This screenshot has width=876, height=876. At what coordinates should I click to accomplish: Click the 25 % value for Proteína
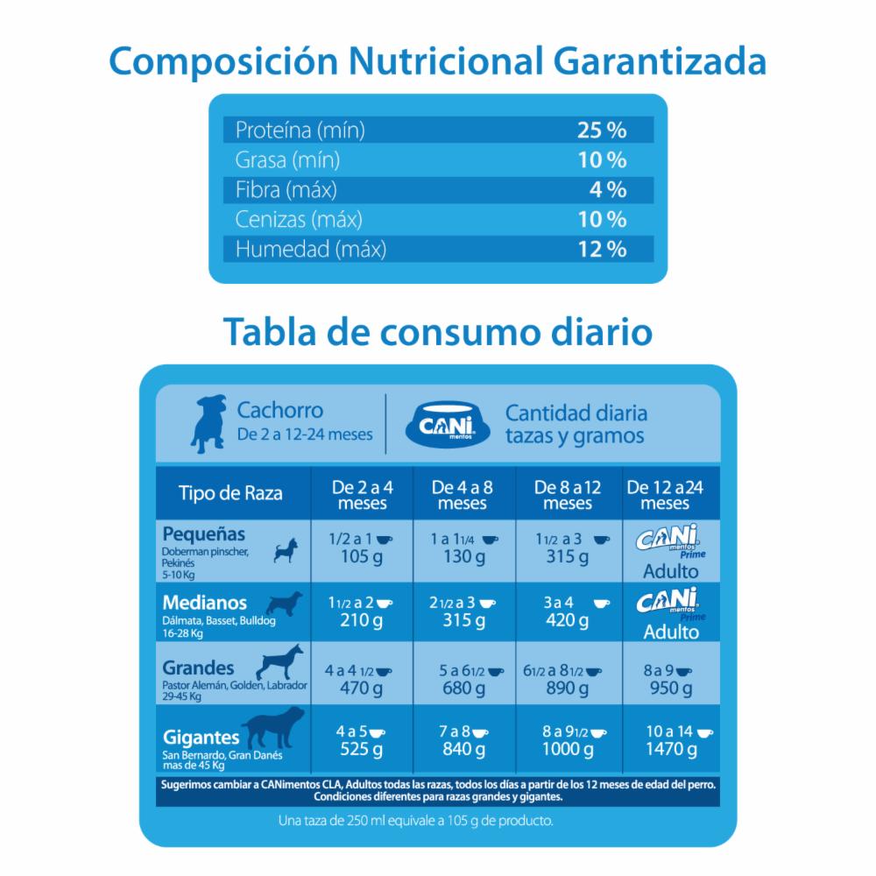point(601,131)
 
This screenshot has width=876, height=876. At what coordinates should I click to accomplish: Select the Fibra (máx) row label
point(286,190)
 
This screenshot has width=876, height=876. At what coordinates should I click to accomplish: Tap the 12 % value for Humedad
point(601,250)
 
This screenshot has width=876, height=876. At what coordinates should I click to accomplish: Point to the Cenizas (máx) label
point(299,220)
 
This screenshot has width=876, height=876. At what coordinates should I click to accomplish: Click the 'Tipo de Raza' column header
point(230,493)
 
